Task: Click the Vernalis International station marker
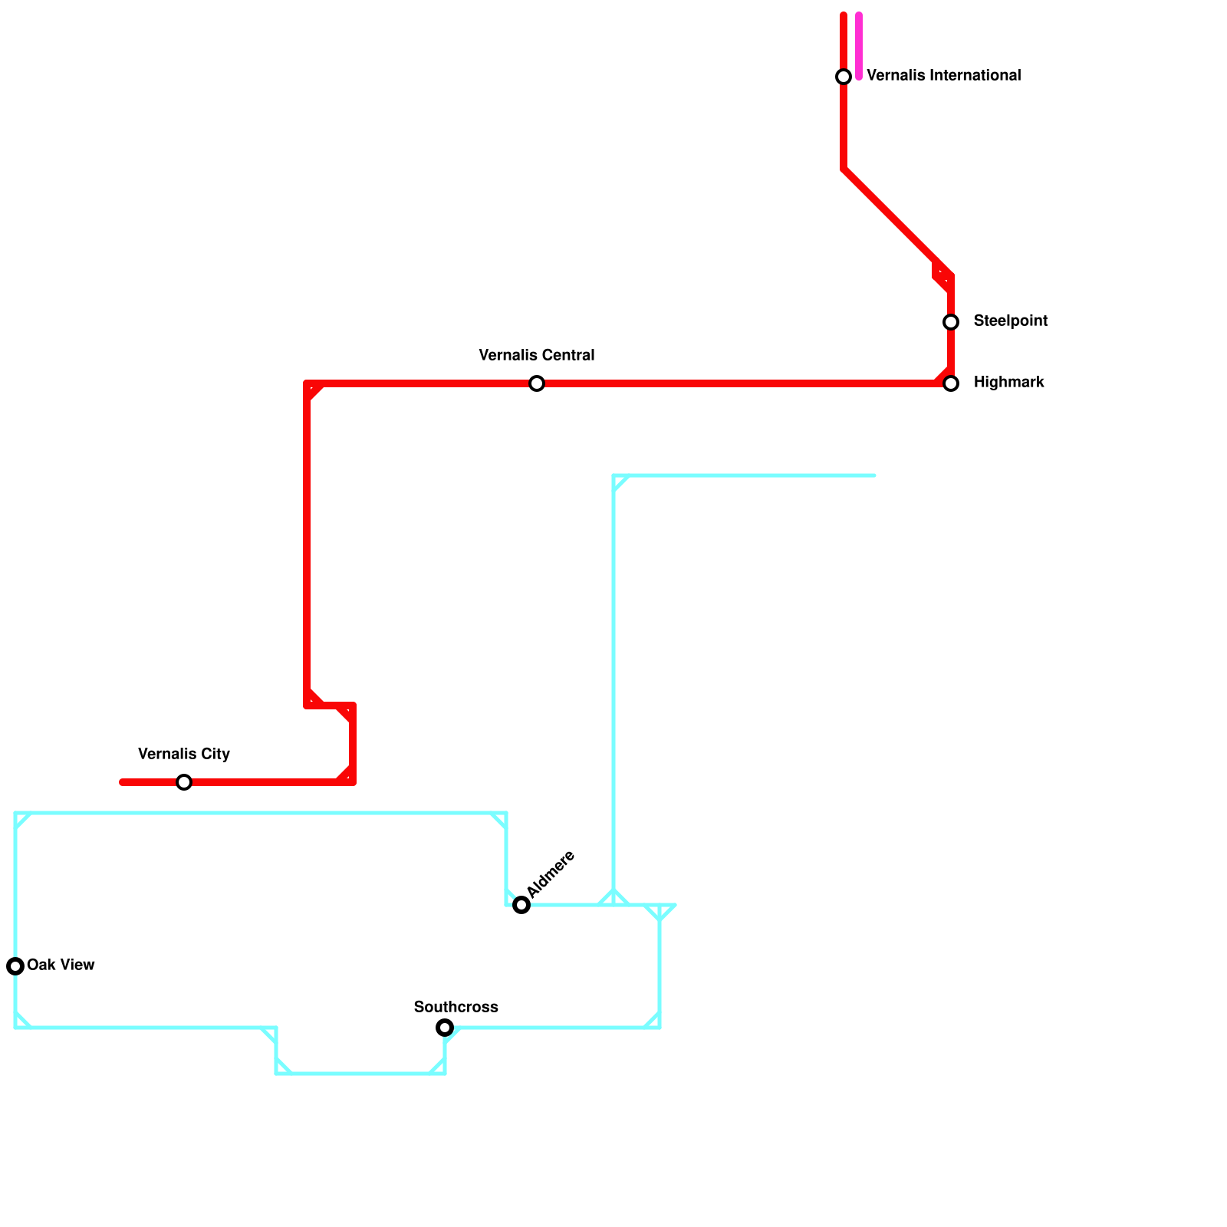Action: tap(844, 77)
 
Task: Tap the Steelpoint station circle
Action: tap(951, 322)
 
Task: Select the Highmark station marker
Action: tap(951, 383)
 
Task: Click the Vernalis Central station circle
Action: tap(537, 383)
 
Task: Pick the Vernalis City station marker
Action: tap(184, 782)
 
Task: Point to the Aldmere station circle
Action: tap(521, 905)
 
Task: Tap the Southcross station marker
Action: tap(445, 1028)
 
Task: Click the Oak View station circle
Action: tap(15, 966)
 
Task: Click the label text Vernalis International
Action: tap(943, 76)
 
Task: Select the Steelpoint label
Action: tap(1010, 321)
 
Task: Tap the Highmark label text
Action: tap(1008, 383)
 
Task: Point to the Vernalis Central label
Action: tap(537, 356)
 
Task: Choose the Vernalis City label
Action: tap(184, 755)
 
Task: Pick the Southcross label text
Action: tap(456, 1007)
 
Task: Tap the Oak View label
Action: tap(61, 965)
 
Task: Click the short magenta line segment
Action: tap(859, 46)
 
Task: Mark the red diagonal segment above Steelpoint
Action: tap(897, 222)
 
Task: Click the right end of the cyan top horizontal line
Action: tap(873, 475)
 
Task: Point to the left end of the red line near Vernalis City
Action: tap(123, 782)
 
